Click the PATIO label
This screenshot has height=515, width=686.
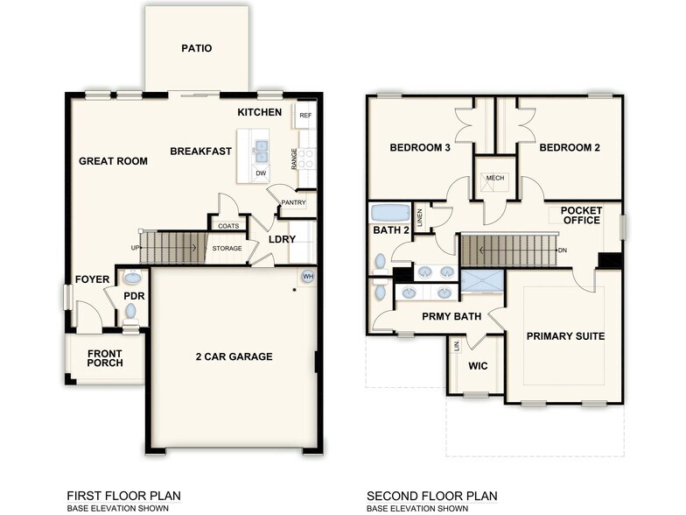[197, 49]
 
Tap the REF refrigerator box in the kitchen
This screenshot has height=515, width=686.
[305, 116]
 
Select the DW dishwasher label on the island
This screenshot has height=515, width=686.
[261, 173]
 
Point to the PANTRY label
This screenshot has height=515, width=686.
[291, 203]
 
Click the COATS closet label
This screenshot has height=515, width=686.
[228, 226]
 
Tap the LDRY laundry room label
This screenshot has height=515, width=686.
[281, 238]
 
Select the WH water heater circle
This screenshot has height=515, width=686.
[307, 276]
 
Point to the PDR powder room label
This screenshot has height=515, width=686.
[134, 296]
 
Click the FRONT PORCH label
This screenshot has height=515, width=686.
[105, 358]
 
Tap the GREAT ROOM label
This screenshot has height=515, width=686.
[113, 161]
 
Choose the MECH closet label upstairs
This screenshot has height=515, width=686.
[494, 179]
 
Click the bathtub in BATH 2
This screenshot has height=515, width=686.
[389, 213]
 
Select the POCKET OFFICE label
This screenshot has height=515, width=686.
[580, 215]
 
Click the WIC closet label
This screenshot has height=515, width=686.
[478, 365]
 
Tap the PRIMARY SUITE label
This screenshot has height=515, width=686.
[565, 336]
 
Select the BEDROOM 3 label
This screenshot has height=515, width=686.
[419, 148]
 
